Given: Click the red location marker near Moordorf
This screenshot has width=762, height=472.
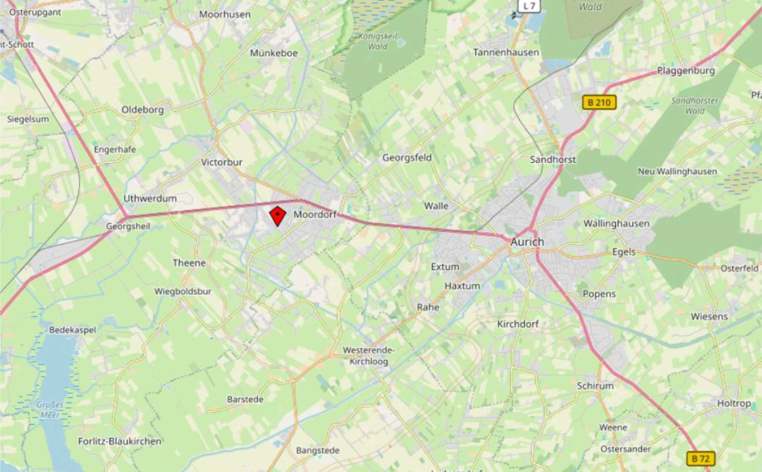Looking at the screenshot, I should coord(277,216).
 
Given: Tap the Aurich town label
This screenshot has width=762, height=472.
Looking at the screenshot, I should coord(527,242).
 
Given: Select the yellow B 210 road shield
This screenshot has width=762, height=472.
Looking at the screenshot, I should coord(599,102).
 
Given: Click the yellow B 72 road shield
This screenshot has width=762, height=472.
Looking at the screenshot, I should coord(700,459).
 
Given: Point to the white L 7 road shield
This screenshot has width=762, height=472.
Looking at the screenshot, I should coord(529,6).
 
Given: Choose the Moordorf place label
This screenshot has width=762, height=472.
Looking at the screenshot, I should coord(315,215).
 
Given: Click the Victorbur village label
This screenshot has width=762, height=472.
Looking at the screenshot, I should coord(221,162).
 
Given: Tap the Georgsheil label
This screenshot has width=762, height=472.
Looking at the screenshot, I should coord(128,227).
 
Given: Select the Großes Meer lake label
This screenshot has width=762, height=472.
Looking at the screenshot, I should coord(50,410).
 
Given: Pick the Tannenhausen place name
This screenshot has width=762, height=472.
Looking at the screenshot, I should coord(506,53).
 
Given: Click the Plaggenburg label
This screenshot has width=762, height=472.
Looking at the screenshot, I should coord(686,71).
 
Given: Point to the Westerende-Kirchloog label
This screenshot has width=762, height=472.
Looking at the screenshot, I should coord(369,356).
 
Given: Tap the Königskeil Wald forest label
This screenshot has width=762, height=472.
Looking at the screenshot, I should coord(378,41).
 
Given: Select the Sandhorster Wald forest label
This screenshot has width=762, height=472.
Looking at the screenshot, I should coord(695,106).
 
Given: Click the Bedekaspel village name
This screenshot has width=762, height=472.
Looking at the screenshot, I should coord(73,330).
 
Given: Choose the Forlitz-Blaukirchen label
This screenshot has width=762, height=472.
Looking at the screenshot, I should coord(120,442).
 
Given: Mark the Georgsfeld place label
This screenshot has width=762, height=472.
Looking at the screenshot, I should coord(407,158).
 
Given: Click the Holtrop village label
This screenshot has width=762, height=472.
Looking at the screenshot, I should coord(734,404).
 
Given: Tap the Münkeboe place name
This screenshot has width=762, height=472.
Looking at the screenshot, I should coord(274,53).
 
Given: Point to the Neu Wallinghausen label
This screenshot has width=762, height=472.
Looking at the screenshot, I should coord(677,172).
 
